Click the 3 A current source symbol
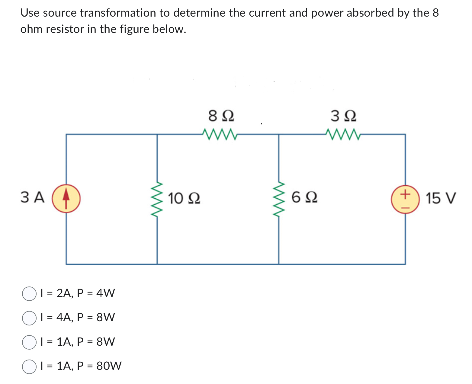pyautogui.click(x=66, y=198)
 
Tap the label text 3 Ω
pyautogui.click(x=343, y=116)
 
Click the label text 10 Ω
pyautogui.click(x=184, y=198)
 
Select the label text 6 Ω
pyautogui.click(x=304, y=198)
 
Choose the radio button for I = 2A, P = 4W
pyautogui.click(x=29, y=293)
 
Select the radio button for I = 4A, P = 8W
pyautogui.click(x=29, y=318)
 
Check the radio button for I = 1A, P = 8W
pyautogui.click(x=29, y=342)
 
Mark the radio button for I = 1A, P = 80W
pyautogui.click(x=29, y=366)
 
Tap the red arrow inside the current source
pyautogui.click(x=66, y=198)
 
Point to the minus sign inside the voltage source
pyautogui.click(x=405, y=207)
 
